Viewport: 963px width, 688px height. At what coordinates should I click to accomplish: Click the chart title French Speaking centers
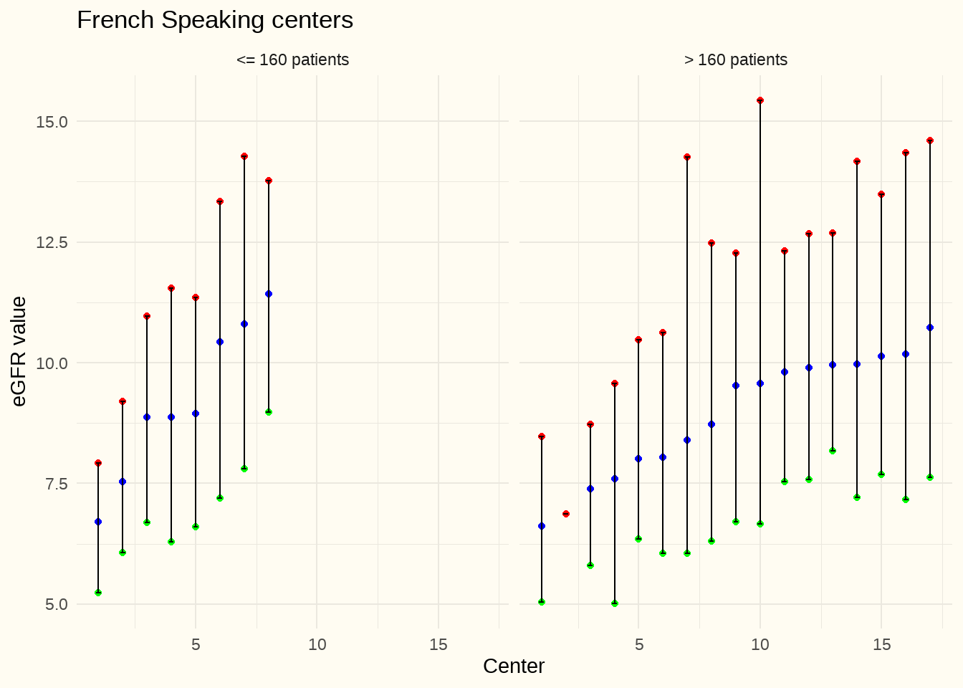[x=215, y=20]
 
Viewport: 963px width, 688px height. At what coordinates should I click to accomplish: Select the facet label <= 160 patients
[x=292, y=60]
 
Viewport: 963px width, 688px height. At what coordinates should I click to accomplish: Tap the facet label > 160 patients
[x=735, y=60]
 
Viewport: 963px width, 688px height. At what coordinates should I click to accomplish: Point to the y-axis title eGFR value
[x=19, y=351]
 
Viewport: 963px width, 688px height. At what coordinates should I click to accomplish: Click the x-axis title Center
[x=514, y=666]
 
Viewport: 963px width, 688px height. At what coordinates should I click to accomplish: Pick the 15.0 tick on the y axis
[x=52, y=122]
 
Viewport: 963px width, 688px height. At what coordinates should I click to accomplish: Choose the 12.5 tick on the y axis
[x=52, y=242]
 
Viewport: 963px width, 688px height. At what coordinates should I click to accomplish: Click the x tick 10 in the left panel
[x=317, y=644]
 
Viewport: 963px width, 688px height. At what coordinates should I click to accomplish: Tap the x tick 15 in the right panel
[x=881, y=644]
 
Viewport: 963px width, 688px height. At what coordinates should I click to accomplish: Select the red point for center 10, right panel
[x=760, y=100]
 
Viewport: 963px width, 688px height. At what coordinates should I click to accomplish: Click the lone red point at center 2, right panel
[x=566, y=514]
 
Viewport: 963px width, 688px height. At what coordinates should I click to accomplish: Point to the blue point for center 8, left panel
[x=269, y=294]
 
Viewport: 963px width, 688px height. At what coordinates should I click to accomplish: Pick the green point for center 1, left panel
[x=98, y=593]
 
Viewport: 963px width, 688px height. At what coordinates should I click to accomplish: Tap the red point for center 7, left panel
[x=244, y=156]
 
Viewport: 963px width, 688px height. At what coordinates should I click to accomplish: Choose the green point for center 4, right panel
[x=615, y=603]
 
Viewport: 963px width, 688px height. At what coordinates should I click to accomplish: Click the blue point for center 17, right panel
[x=930, y=328]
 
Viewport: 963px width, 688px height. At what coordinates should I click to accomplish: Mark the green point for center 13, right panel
[x=833, y=451]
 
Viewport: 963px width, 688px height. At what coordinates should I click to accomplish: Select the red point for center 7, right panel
[x=687, y=157]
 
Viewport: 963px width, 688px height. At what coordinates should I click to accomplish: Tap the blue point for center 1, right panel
[x=542, y=526]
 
